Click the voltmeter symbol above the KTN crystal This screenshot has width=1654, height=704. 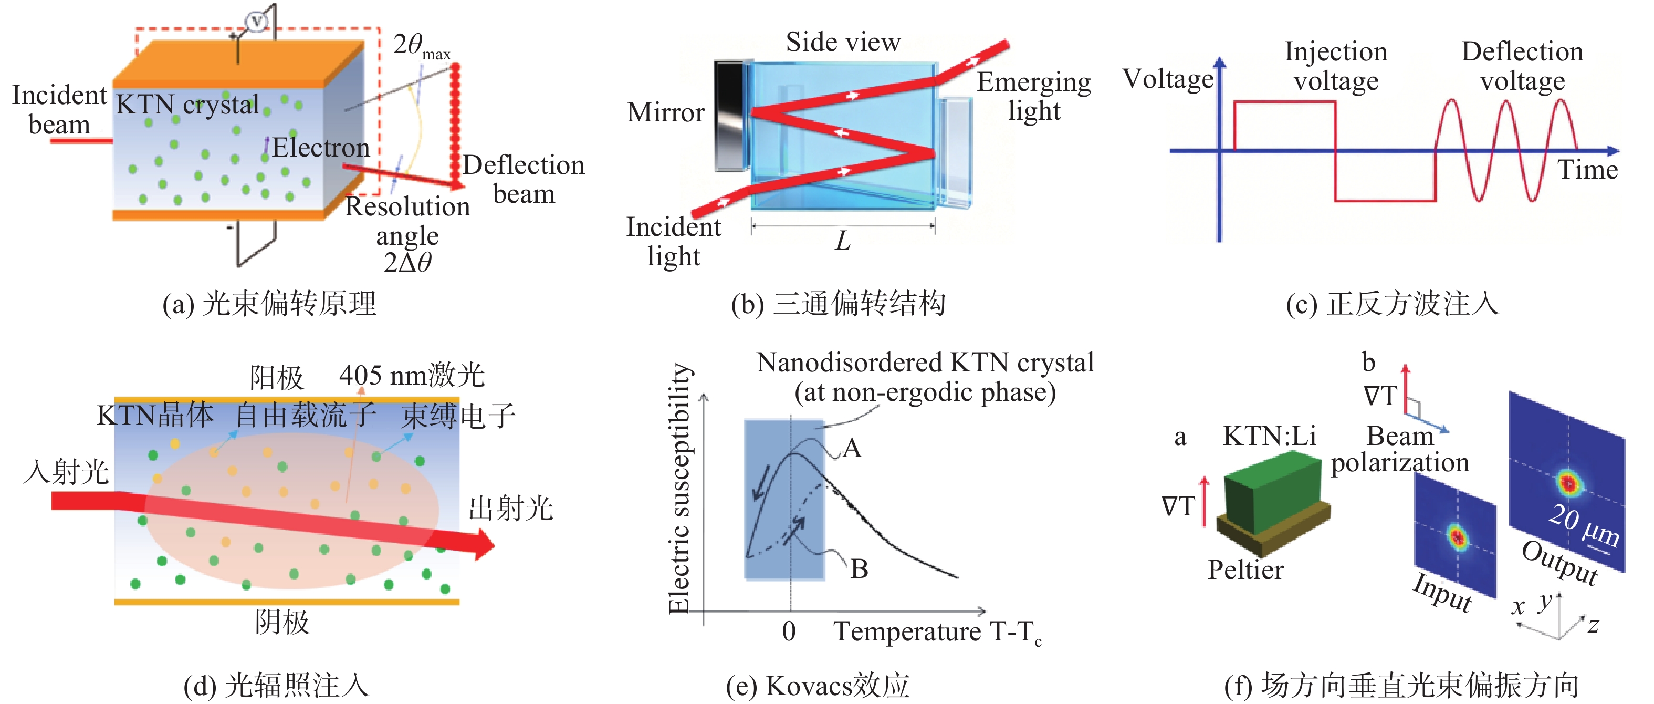pyautogui.click(x=257, y=22)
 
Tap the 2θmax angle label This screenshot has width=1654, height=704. pyautogui.click(x=421, y=46)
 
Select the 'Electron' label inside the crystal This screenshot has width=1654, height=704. pyautogui.click(x=320, y=148)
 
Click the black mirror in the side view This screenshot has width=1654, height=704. pyautogui.click(x=730, y=116)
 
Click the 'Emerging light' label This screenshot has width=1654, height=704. pyautogui.click(x=1033, y=96)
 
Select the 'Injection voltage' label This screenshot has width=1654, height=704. pyautogui.click(x=1335, y=66)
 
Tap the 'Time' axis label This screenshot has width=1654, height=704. pyautogui.click(x=1587, y=170)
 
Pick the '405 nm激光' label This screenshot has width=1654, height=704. pyautogui.click(x=412, y=375)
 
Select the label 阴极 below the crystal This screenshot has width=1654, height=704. pyautogui.click(x=282, y=622)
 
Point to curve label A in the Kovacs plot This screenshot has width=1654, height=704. pyautogui.click(x=852, y=448)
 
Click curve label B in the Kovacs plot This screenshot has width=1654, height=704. pyautogui.click(x=859, y=569)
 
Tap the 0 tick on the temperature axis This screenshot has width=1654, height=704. pyautogui.click(x=789, y=631)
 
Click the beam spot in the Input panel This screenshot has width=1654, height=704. pyautogui.click(x=1457, y=536)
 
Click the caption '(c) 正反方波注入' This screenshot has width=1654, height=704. pyautogui.click(x=1391, y=304)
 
